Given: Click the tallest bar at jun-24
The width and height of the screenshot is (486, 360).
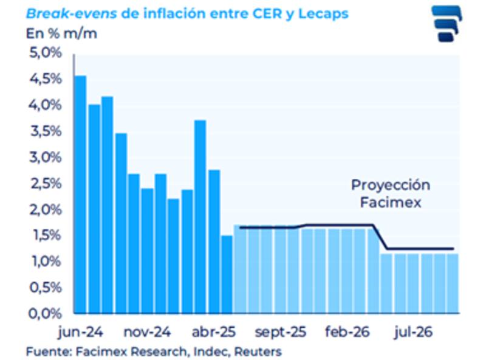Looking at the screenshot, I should click(80, 195).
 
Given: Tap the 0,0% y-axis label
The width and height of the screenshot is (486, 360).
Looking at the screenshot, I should click(46, 314).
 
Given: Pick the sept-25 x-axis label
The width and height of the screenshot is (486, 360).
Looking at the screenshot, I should click(280, 333).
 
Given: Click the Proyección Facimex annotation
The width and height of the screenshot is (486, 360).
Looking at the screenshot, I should click(391, 193).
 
